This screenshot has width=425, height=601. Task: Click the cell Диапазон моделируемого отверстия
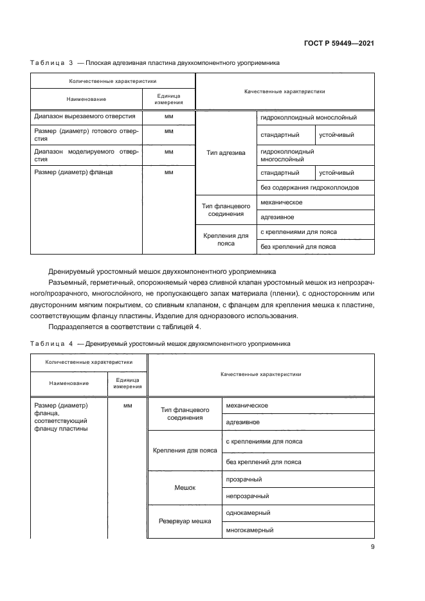[86, 154]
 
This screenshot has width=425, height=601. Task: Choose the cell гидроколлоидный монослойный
[308, 118]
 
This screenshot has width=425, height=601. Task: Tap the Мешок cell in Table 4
[185, 488]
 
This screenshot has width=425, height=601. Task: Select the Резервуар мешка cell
[185, 521]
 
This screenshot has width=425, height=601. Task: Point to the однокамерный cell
[248, 513]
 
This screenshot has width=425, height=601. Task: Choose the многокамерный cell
[249, 530]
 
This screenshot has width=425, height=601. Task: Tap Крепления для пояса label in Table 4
[185, 451]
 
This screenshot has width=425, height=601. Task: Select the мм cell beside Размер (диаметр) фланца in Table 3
[169, 172]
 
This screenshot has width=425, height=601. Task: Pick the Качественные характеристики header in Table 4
[260, 373]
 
